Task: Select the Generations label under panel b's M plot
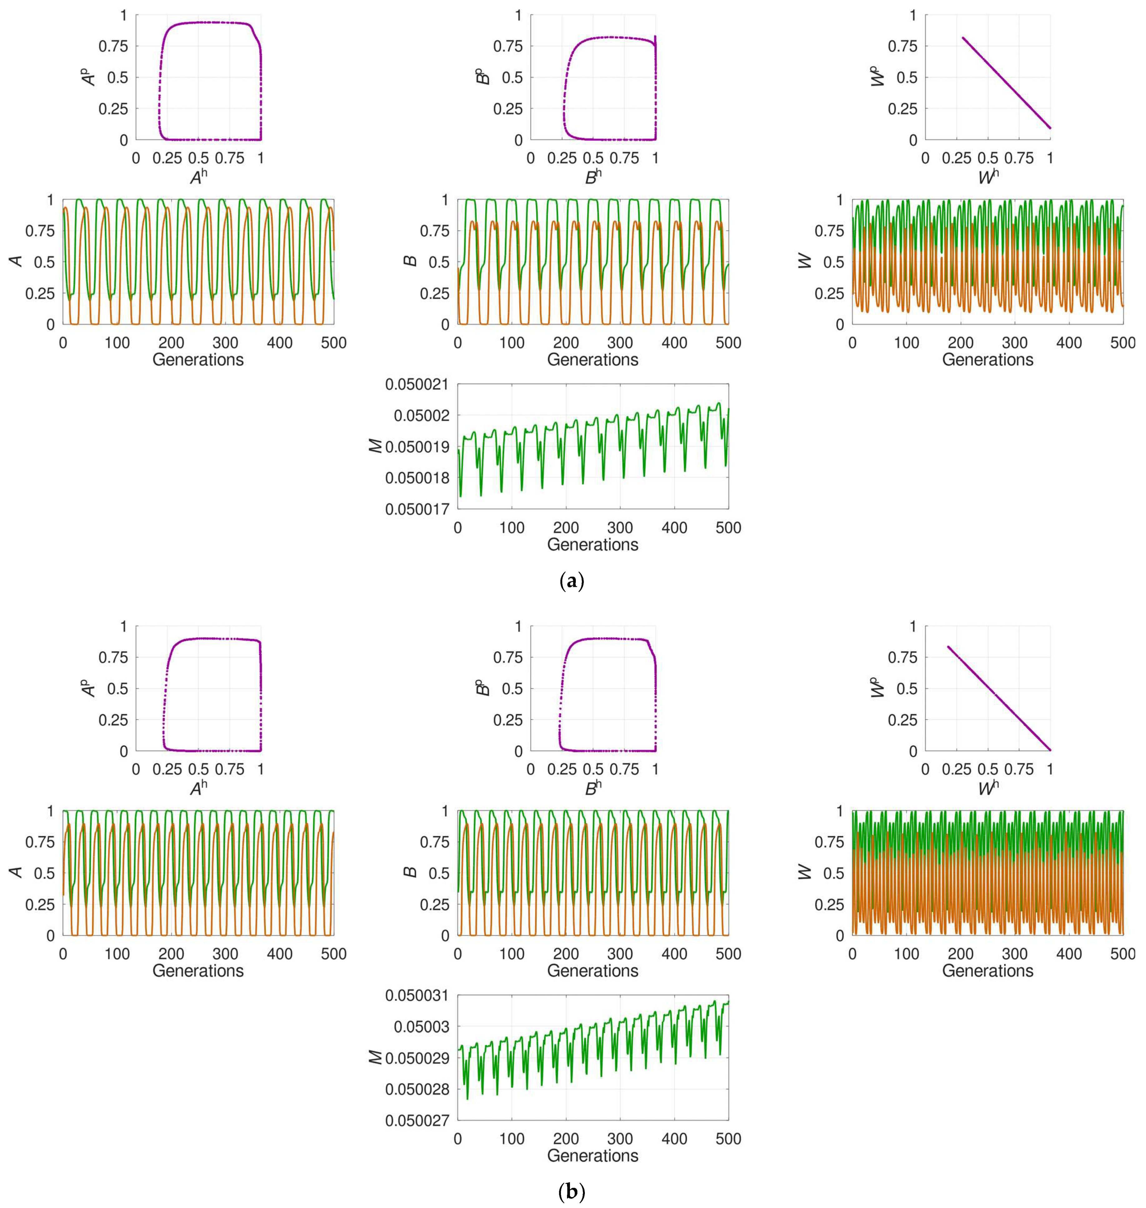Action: tap(593, 1156)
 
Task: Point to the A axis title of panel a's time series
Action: tap(17, 261)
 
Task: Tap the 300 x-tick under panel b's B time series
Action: tap(620, 954)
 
